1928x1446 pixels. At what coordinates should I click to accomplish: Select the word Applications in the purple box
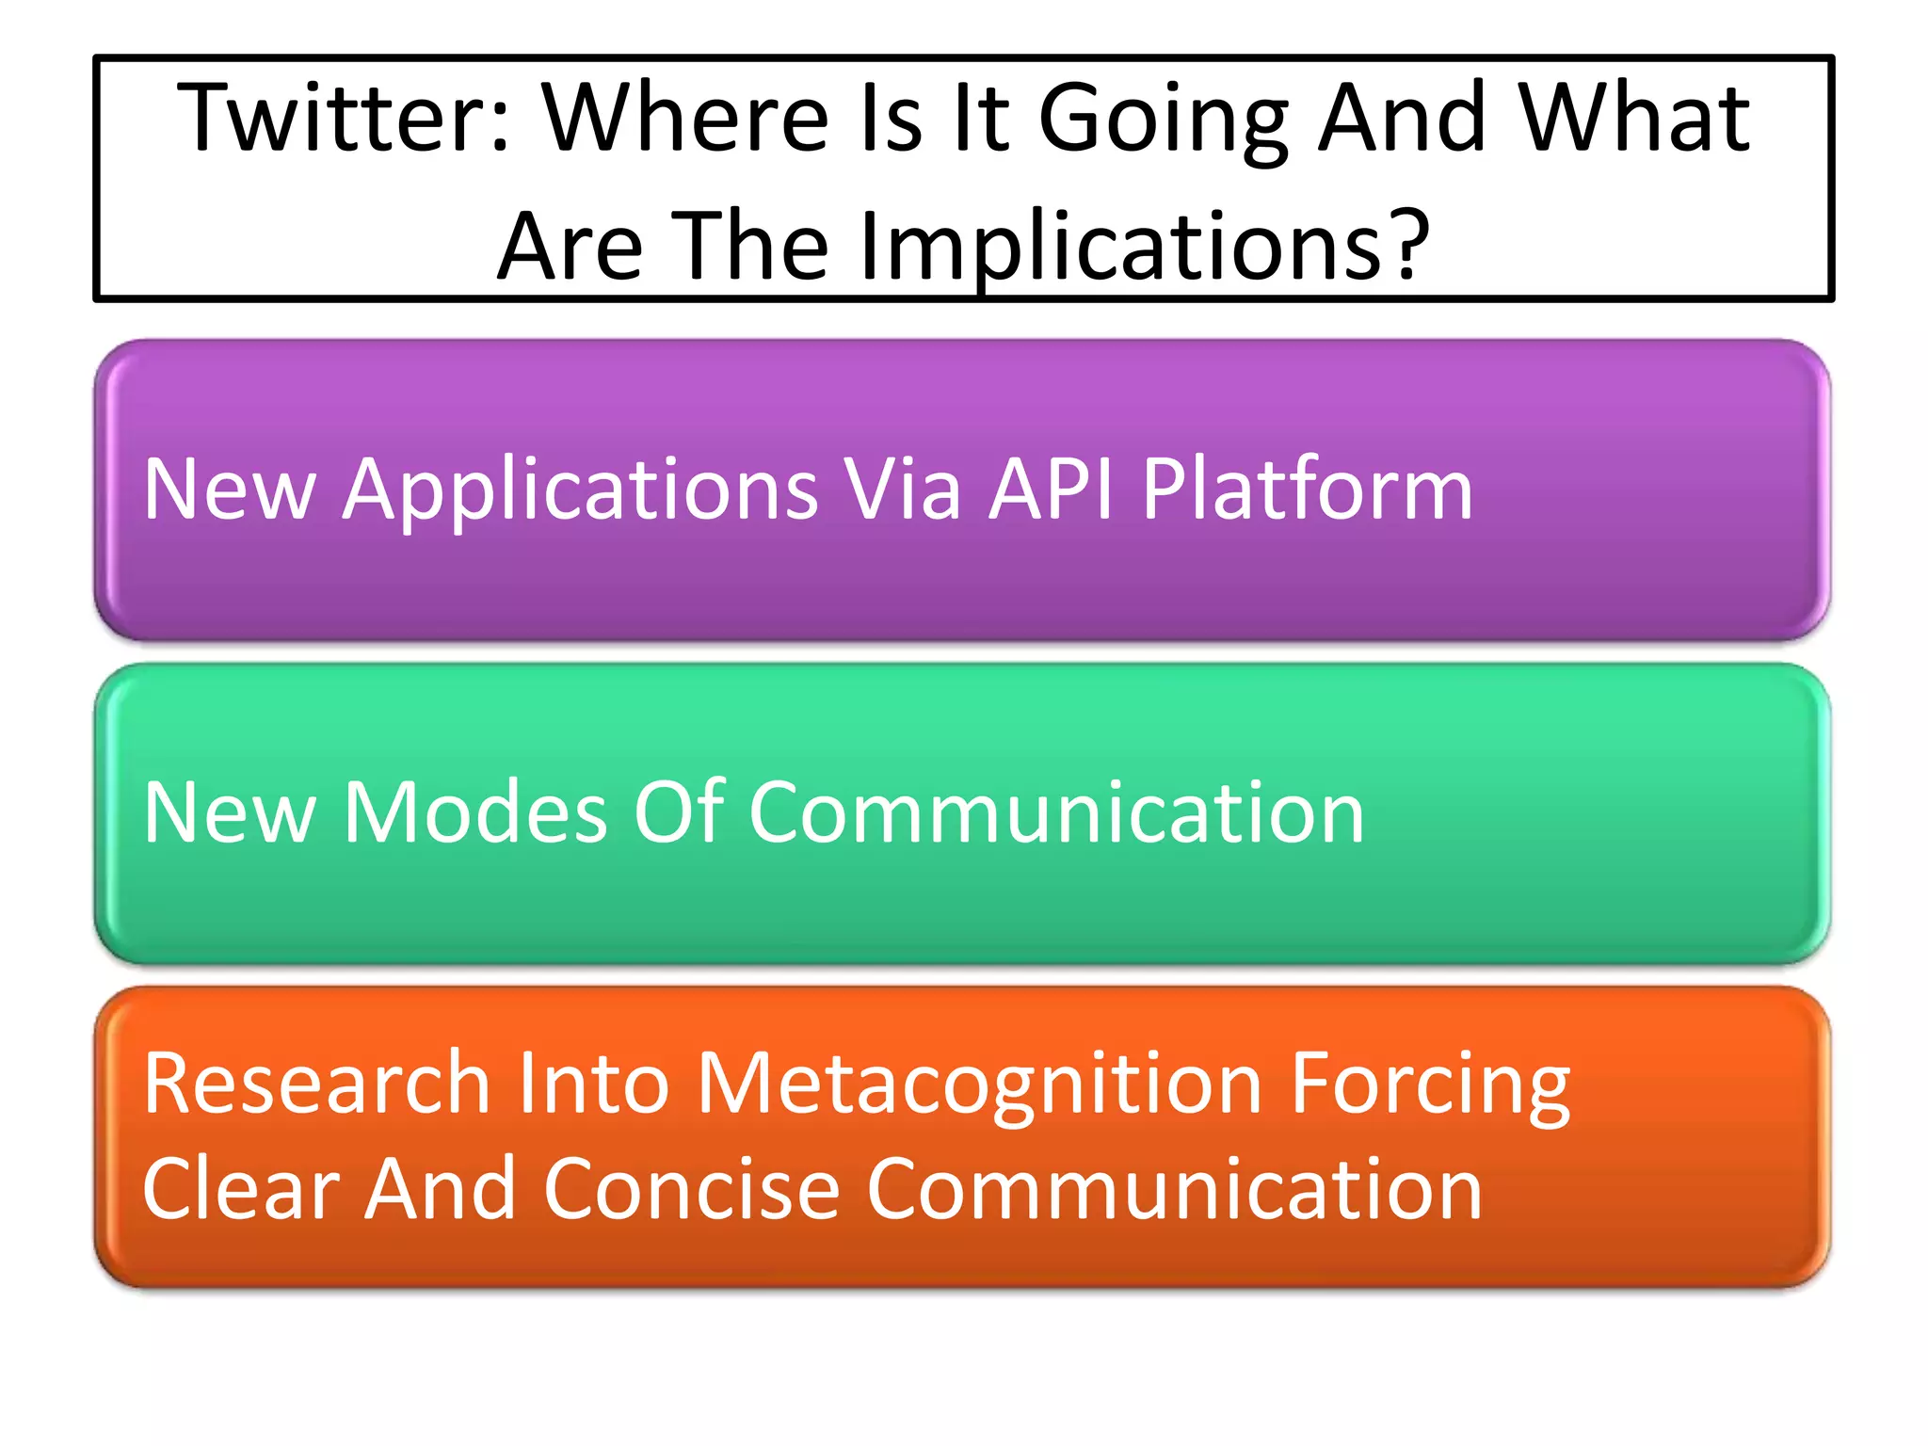pos(580,490)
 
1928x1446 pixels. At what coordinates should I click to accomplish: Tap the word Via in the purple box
pos(902,489)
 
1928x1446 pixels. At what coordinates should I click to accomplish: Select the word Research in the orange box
pos(316,1084)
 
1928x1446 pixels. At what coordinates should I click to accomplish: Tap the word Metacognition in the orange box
pos(979,1085)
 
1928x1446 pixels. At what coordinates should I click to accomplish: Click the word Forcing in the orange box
pos(1429,1085)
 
